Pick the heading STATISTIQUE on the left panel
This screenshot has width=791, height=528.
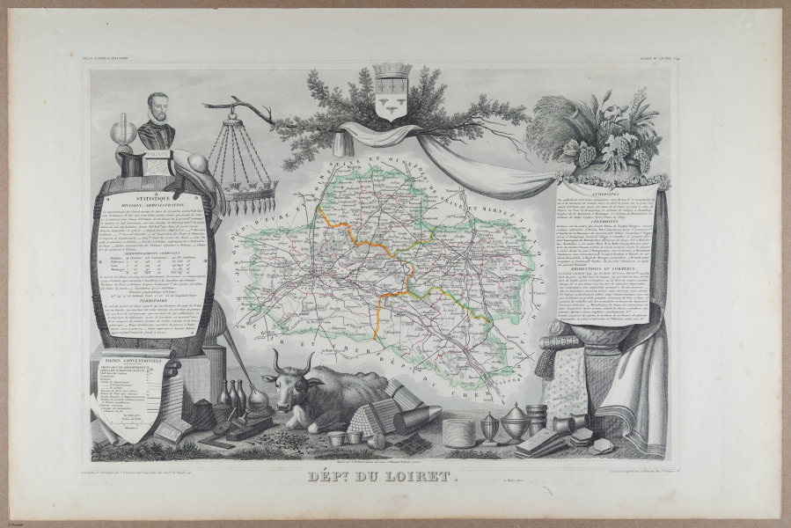(x=155, y=201)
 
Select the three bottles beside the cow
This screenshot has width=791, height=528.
(x=236, y=398)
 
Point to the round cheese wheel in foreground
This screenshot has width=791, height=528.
(x=458, y=431)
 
